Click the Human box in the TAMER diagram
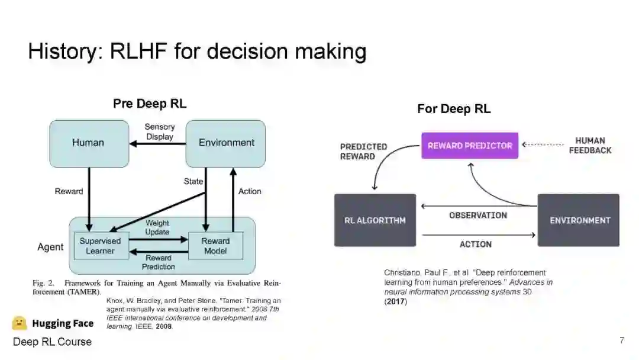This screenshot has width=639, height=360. (88, 143)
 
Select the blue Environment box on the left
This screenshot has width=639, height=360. (226, 143)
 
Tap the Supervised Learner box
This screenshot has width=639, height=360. (100, 246)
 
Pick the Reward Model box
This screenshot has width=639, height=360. (215, 246)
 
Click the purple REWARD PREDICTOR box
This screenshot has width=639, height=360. (470, 146)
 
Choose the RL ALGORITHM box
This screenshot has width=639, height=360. (375, 220)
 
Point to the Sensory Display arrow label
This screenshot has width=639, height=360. (160, 131)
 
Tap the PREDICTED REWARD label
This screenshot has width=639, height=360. (363, 151)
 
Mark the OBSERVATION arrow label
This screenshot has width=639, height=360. (477, 216)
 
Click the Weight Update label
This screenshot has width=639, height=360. (157, 227)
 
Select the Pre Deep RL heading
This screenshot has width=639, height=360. (150, 104)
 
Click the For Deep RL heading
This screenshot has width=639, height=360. (454, 109)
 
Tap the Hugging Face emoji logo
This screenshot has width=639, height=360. (20, 323)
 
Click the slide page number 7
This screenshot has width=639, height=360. (622, 340)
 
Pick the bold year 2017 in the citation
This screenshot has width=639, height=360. (396, 301)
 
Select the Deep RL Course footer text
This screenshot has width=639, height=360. (52, 342)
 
